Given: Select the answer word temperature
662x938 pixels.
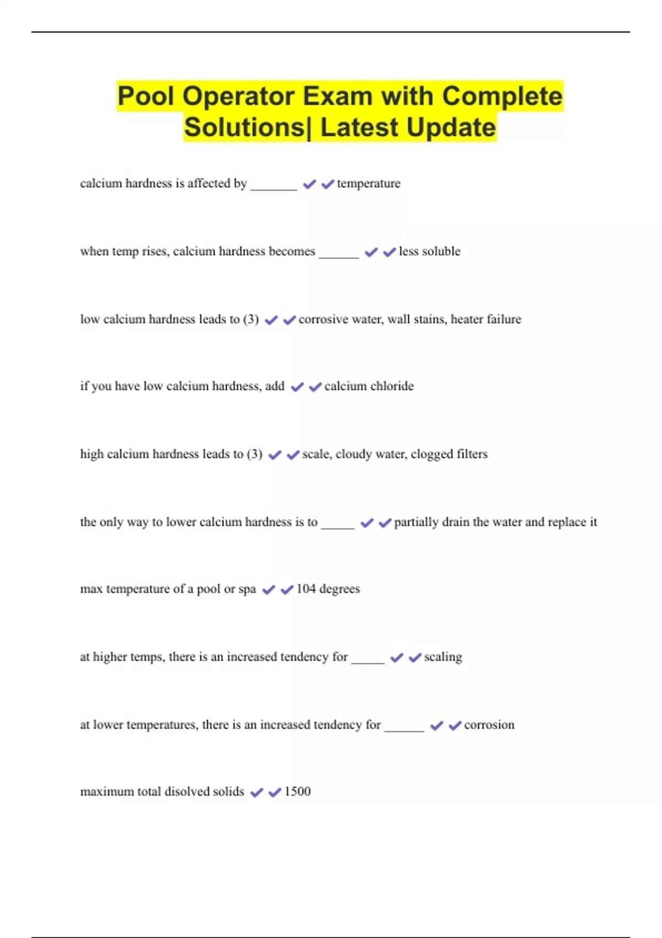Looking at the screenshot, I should coord(369,183).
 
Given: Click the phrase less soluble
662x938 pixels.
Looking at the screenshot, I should coord(429,252).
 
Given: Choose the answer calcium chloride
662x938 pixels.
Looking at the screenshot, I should coord(369,386).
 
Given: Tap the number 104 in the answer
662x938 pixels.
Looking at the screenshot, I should coord(306,589).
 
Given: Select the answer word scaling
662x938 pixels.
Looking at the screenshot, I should coord(443,657).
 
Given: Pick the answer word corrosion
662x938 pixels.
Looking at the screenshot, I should coord(489,725).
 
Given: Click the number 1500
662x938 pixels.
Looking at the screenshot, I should coord(297,792).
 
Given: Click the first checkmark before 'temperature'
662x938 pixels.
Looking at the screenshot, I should coord(309,184).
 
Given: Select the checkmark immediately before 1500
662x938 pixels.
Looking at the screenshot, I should coord(275,792).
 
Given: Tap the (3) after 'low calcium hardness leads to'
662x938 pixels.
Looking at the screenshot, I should coord(251,319).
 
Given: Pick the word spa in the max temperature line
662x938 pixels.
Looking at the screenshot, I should coord(247,589).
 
